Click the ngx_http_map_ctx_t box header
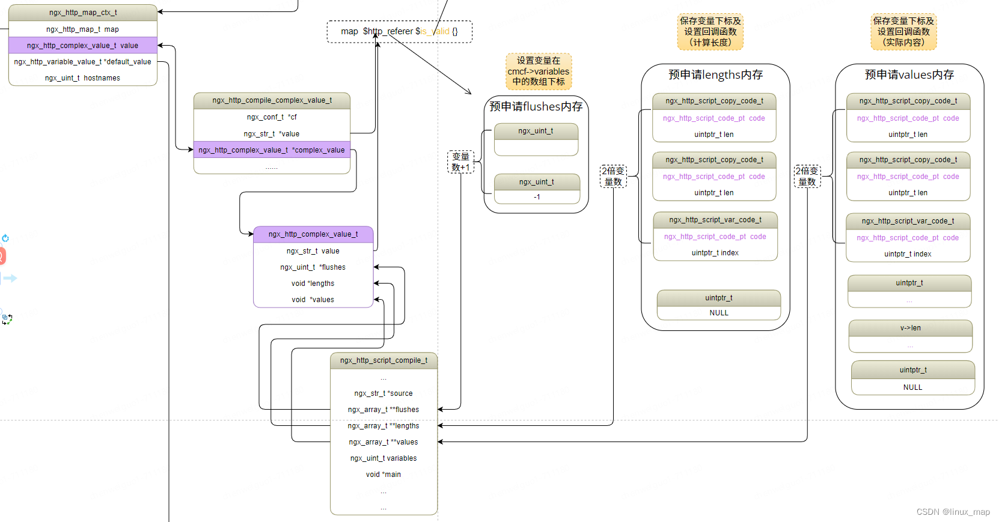click(x=83, y=13)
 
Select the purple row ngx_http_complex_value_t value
click(x=83, y=46)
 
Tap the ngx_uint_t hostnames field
click(x=83, y=78)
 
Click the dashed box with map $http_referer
click(x=399, y=31)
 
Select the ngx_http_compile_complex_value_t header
click(x=272, y=100)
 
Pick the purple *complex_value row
click(x=272, y=150)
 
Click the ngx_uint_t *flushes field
click(x=313, y=267)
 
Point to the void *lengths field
click(x=313, y=284)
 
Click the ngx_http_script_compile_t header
click(x=383, y=360)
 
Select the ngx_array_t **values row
click(x=383, y=442)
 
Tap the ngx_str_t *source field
click(x=383, y=393)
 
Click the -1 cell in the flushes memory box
click(x=537, y=197)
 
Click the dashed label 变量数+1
click(x=460, y=162)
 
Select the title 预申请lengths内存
click(x=715, y=74)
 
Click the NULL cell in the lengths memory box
click(x=719, y=313)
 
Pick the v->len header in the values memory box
click(x=910, y=328)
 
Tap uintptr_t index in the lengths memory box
click(x=715, y=253)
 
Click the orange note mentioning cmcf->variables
click(x=539, y=71)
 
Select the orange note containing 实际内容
click(x=903, y=32)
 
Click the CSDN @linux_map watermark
click(x=953, y=512)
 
